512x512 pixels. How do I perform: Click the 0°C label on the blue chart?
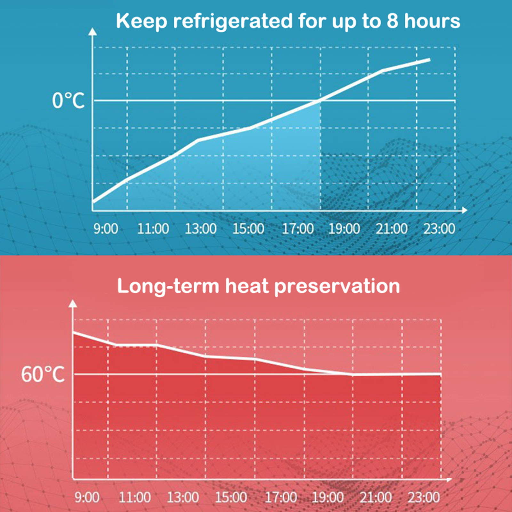click(68, 100)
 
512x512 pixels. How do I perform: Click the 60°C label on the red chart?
click(43, 374)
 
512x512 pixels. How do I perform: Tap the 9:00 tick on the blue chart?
click(106, 229)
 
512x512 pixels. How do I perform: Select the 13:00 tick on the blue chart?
click(201, 229)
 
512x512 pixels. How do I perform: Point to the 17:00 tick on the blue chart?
click(297, 229)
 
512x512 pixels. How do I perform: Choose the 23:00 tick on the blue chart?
click(439, 229)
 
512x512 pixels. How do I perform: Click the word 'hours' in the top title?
click(432, 21)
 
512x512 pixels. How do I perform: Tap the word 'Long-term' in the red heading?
click(168, 286)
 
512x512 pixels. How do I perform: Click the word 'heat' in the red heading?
click(247, 286)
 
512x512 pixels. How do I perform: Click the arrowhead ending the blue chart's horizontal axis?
click(464, 210)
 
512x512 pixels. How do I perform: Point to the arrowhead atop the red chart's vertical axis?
click(73, 303)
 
